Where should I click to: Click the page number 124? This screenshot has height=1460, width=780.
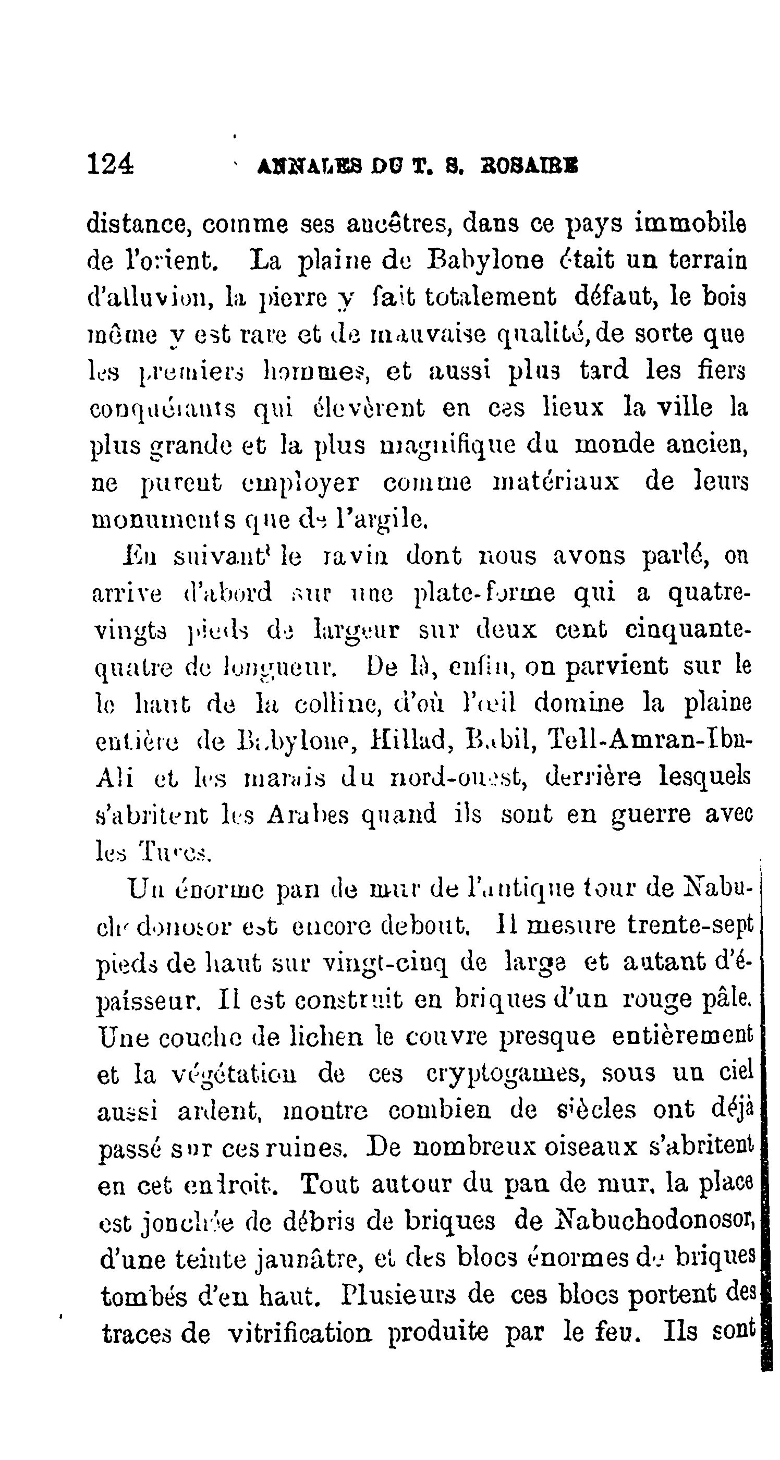(x=111, y=164)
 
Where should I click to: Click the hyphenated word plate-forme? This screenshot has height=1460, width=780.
(x=485, y=593)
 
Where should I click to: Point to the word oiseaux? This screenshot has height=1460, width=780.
(x=592, y=1147)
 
